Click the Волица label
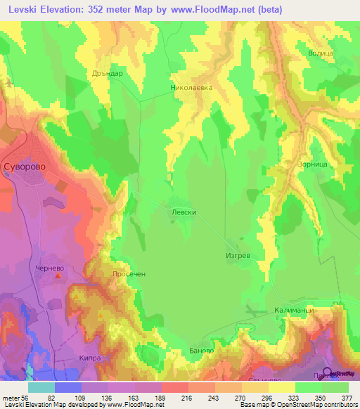[x=320, y=53]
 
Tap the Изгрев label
[x=238, y=257]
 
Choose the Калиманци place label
[x=293, y=310]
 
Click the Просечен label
[x=128, y=274]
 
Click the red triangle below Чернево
[x=58, y=276]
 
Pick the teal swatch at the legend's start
[x=41, y=387]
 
